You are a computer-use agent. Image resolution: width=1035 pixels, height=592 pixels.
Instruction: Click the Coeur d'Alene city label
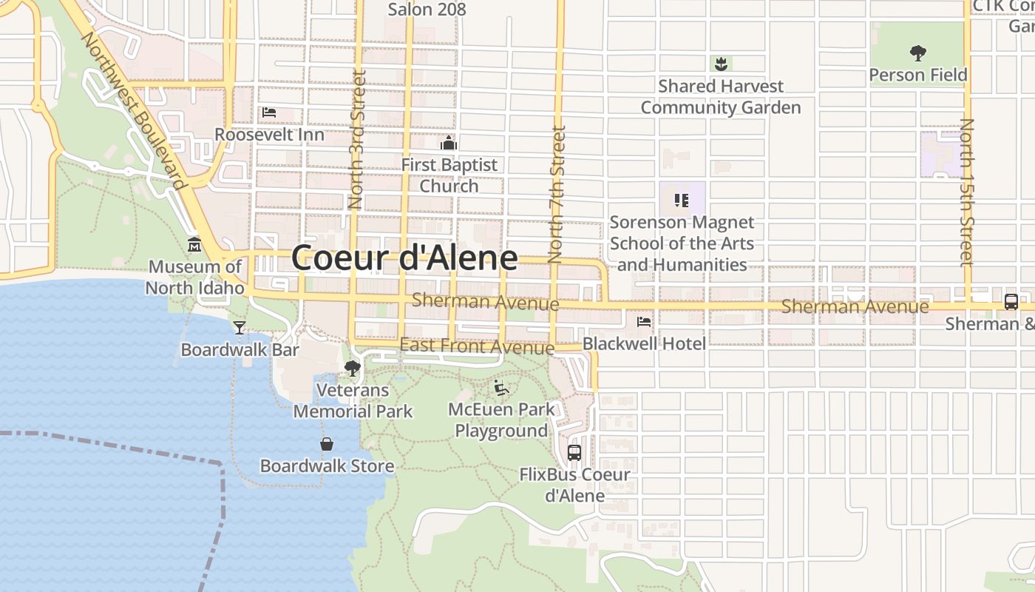pyautogui.click(x=404, y=258)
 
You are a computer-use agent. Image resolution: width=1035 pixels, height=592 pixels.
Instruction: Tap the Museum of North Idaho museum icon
pyautogui.click(x=194, y=245)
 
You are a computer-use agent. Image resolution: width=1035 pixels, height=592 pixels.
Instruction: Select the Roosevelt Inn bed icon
pyautogui.click(x=269, y=112)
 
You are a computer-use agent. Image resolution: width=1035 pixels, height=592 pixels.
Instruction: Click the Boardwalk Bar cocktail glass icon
pyautogui.click(x=240, y=327)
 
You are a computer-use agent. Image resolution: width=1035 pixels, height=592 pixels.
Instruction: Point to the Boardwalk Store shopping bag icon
pyautogui.click(x=327, y=444)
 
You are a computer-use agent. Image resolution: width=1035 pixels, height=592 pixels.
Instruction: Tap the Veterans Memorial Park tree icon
pyautogui.click(x=353, y=368)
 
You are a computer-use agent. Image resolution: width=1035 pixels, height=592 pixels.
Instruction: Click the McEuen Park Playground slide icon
pyautogui.click(x=501, y=388)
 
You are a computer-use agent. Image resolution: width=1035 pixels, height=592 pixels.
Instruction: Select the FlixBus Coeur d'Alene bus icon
pyautogui.click(x=574, y=452)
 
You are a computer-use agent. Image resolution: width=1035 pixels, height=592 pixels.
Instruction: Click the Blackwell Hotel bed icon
pyautogui.click(x=644, y=322)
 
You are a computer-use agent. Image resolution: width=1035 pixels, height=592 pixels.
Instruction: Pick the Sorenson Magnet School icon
pyautogui.click(x=682, y=200)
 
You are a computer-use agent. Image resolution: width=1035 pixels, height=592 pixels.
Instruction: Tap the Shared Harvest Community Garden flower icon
pyautogui.click(x=720, y=64)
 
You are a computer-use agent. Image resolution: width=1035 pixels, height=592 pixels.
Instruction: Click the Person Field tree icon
pyautogui.click(x=918, y=53)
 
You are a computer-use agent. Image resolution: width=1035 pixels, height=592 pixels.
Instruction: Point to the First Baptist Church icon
pyautogui.click(x=449, y=143)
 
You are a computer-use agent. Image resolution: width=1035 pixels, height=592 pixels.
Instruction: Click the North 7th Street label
pyautogui.click(x=557, y=194)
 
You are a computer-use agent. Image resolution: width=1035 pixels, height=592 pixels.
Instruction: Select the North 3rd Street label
pyautogui.click(x=358, y=139)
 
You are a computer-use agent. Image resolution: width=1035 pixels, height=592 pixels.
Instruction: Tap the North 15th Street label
pyautogui.click(x=966, y=192)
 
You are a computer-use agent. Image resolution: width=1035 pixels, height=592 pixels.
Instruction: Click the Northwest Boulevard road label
pyautogui.click(x=132, y=111)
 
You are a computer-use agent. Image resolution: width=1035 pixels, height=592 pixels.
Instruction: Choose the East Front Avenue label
pyautogui.click(x=477, y=346)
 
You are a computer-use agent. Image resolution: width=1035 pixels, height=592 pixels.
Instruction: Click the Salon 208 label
pyautogui.click(x=427, y=9)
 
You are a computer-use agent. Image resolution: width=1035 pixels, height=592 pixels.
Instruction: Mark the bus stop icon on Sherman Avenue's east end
pyautogui.click(x=1011, y=302)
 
